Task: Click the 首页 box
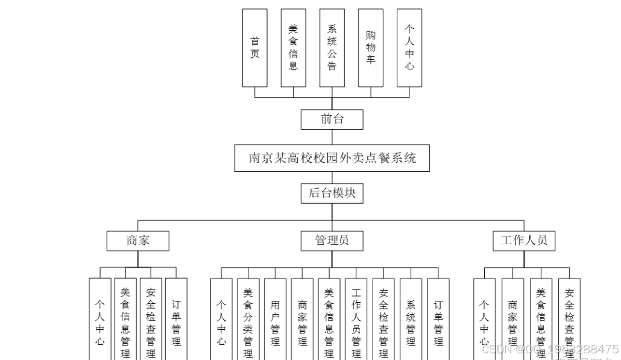click(254, 47)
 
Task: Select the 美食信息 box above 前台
click(293, 47)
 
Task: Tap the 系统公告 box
click(332, 47)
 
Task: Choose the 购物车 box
click(370, 47)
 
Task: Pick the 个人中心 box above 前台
click(409, 47)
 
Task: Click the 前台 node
click(332, 119)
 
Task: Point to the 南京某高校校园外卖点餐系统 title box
click(332, 158)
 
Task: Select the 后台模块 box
click(332, 193)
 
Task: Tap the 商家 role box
click(137, 241)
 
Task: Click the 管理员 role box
click(332, 241)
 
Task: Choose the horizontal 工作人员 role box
click(523, 241)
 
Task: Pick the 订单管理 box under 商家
click(176, 320)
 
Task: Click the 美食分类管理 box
click(248, 320)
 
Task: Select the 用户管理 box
click(275, 320)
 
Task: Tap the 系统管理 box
click(411, 320)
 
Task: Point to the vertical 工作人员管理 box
click(356, 320)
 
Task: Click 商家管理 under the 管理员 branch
click(302, 320)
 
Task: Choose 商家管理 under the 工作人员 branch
click(512, 320)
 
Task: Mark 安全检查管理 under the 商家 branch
click(151, 320)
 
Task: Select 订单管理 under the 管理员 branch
click(438, 320)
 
